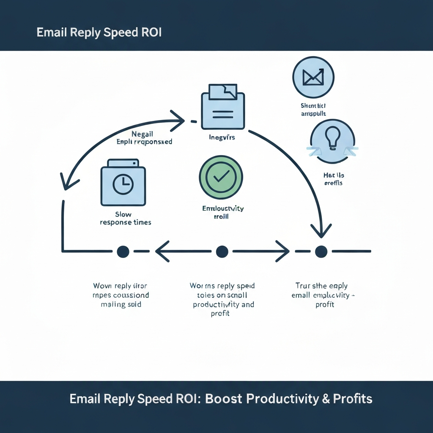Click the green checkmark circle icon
[221, 177]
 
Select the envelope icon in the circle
[313, 77]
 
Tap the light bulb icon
[332, 141]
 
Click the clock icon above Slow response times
[123, 184]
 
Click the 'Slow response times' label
[126, 218]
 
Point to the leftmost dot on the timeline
[123, 252]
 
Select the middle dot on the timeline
[222, 252]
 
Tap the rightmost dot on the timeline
[321, 252]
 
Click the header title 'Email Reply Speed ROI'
[99, 33]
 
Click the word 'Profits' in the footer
[353, 399]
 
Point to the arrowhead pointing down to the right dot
[321, 230]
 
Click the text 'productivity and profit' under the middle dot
[223, 309]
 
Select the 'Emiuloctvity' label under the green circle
[223, 208]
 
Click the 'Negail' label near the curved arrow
[142, 134]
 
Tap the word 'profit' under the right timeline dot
[325, 304]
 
